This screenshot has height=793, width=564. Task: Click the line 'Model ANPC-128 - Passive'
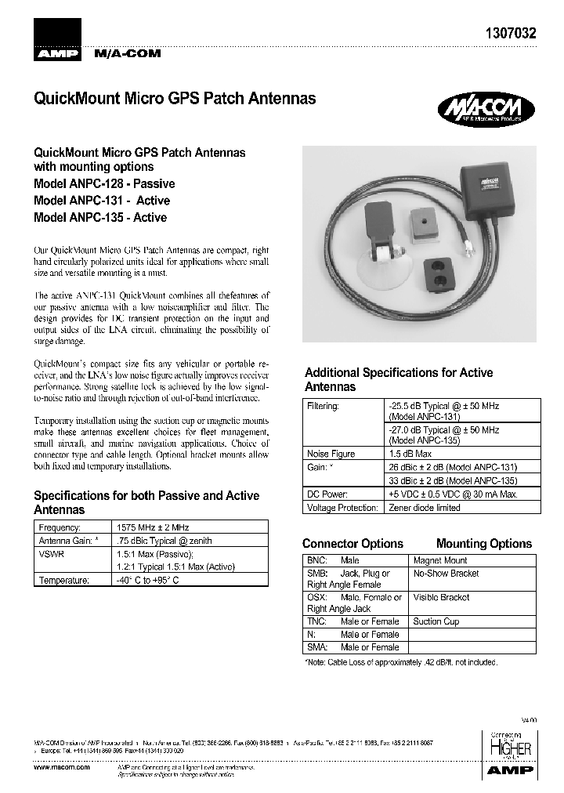104,183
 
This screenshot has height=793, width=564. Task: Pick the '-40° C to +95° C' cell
148,580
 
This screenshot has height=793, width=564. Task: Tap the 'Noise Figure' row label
331,454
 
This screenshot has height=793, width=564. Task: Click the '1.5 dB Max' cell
410,454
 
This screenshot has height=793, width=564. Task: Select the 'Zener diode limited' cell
424,507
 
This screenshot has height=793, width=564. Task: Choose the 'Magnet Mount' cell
440,560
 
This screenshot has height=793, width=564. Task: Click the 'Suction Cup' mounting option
436,621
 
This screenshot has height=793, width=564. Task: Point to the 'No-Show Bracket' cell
446,573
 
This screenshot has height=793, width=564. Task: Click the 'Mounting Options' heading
483,543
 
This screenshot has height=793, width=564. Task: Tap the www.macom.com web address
62,768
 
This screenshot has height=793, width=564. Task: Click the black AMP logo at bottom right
510,770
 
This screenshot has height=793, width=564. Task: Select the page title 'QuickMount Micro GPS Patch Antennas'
175,99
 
